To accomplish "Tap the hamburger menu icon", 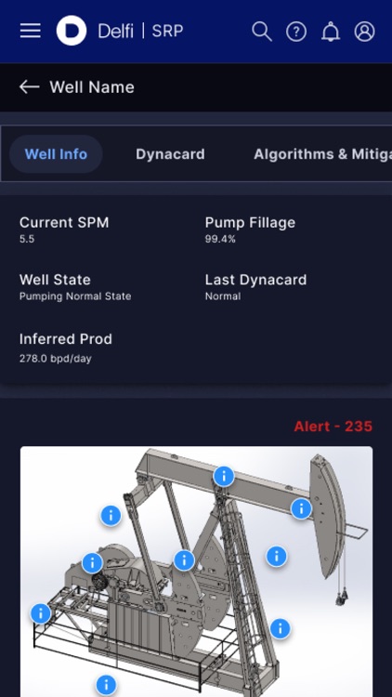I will pyautogui.click(x=31, y=31).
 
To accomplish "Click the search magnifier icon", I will pyautogui.click(x=262, y=32).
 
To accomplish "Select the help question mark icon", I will pyautogui.click(x=296, y=32).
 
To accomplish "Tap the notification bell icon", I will pyautogui.click(x=331, y=32).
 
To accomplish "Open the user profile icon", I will pyautogui.click(x=365, y=32).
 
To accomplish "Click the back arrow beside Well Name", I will pyautogui.click(x=30, y=87).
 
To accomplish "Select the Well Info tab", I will pyautogui.click(x=56, y=154).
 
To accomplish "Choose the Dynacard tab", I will pyautogui.click(x=170, y=154).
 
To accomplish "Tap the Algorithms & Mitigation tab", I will pyautogui.click(x=321, y=154).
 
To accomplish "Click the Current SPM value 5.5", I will pyautogui.click(x=27, y=239).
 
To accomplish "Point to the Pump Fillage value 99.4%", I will pyautogui.click(x=220, y=239).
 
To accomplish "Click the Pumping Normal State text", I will pyautogui.click(x=75, y=296).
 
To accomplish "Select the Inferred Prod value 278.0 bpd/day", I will pyautogui.click(x=56, y=358).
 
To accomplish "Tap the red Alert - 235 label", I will pyautogui.click(x=333, y=427).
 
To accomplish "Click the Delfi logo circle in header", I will pyautogui.click(x=72, y=31).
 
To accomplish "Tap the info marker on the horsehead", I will pyautogui.click(x=301, y=508).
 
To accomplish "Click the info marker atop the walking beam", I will pyautogui.click(x=223, y=476).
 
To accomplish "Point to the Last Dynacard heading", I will pyautogui.click(x=255, y=280).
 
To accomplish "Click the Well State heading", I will pyautogui.click(x=55, y=280).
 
